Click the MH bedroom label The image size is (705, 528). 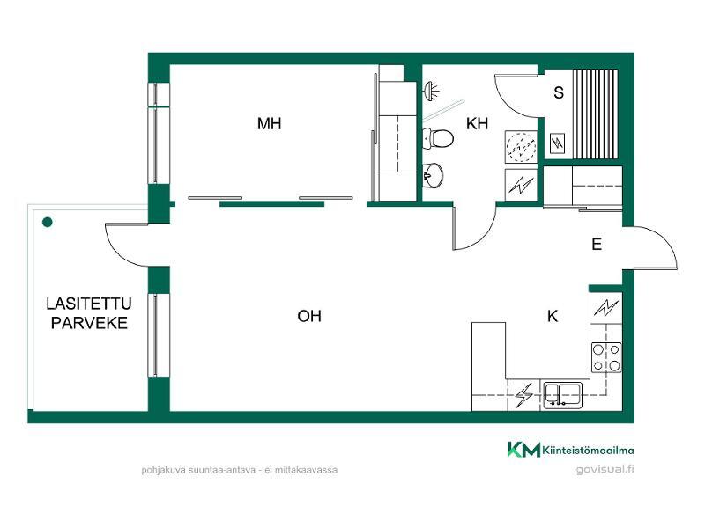pyautogui.click(x=270, y=123)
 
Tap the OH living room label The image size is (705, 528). pyautogui.click(x=309, y=316)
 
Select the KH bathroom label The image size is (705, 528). pyautogui.click(x=477, y=123)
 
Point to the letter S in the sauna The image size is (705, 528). pyautogui.click(x=559, y=92)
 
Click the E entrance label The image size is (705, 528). pyautogui.click(x=597, y=245)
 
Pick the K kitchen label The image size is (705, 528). pyautogui.click(x=553, y=316)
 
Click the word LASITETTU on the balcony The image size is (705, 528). pyautogui.click(x=89, y=304)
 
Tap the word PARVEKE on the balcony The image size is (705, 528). pyautogui.click(x=89, y=323)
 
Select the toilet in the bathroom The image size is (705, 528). pyautogui.click(x=438, y=138)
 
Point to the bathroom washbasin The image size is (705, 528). pyautogui.click(x=433, y=174)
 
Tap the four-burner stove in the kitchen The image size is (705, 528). pyautogui.click(x=606, y=357)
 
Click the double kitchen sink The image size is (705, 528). pyautogui.click(x=562, y=395)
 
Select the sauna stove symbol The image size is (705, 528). pyautogui.click(x=558, y=144)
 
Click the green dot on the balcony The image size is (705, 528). pyautogui.click(x=48, y=222)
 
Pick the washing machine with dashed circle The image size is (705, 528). pyautogui.click(x=521, y=146)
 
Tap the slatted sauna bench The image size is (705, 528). pyautogui.click(x=596, y=114)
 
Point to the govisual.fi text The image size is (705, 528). pyautogui.click(x=605, y=469)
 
